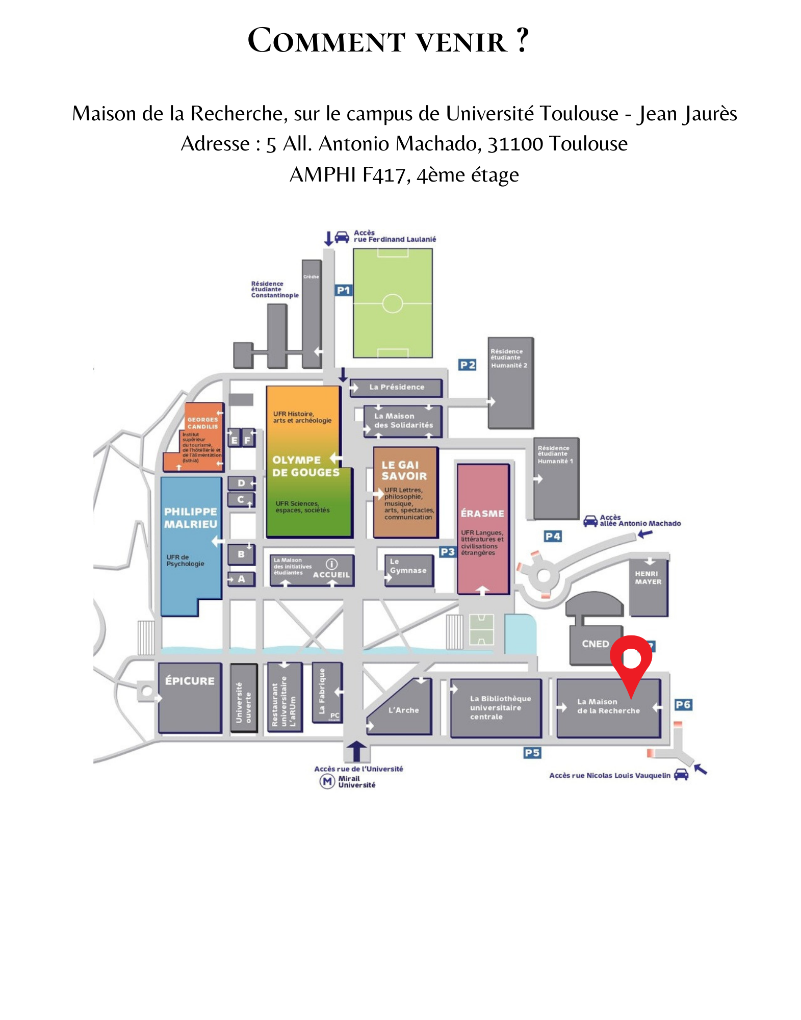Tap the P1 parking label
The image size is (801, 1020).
(343, 291)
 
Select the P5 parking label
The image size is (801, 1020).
(532, 753)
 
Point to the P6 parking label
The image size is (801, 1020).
(683, 705)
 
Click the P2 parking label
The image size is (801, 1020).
(467, 365)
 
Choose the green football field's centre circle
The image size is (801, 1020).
(393, 303)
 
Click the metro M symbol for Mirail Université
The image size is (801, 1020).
(327, 781)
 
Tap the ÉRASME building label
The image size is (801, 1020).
(482, 514)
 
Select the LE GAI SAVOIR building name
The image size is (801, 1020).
(404, 470)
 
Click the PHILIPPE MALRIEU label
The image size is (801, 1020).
(191, 518)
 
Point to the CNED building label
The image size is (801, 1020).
(595, 644)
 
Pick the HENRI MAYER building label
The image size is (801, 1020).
(648, 578)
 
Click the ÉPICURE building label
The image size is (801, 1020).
(190, 681)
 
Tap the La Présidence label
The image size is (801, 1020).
(397, 387)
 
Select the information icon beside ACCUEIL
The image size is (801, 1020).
(331, 564)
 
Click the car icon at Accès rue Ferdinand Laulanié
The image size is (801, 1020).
(342, 237)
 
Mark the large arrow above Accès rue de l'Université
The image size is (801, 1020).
(356, 751)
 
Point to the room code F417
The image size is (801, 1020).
(383, 175)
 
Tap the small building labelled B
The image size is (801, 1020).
(241, 554)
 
